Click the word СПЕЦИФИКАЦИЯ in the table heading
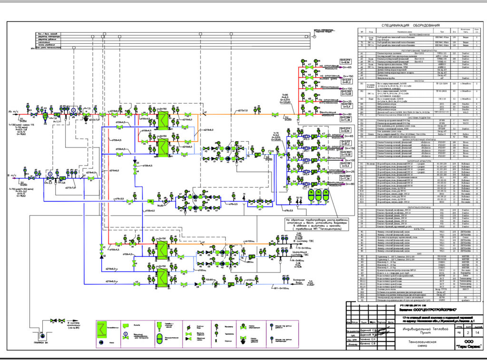(x=391, y=25)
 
